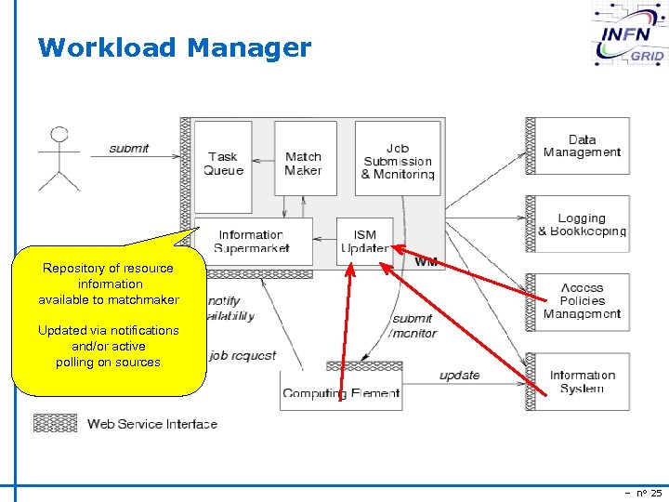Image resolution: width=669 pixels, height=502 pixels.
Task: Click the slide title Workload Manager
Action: [174, 47]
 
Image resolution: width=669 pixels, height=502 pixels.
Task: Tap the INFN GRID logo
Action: [629, 36]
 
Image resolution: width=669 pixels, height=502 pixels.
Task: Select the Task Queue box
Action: [223, 163]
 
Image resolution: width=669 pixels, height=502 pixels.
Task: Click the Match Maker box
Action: [304, 163]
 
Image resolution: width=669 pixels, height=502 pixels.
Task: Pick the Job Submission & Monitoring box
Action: [397, 160]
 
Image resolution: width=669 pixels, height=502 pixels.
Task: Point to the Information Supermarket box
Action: [252, 242]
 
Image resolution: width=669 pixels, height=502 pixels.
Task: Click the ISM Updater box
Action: [364, 242]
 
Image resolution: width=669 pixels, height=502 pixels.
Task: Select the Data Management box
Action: [583, 146]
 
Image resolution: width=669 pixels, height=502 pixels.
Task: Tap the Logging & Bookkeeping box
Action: [583, 224]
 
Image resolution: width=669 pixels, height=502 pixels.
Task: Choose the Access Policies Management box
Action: [583, 301]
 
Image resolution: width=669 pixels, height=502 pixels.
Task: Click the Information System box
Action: [583, 381]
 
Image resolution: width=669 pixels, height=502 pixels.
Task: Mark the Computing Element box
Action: [341, 391]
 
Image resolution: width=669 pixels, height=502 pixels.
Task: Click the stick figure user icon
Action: [58, 158]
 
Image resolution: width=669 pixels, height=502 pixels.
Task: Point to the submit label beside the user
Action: [129, 149]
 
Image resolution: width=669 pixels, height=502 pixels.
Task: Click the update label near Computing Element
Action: [459, 376]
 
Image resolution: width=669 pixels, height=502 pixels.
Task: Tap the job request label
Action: [243, 355]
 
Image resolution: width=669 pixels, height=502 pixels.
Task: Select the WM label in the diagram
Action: [426, 262]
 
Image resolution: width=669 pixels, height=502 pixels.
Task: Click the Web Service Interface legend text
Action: [152, 424]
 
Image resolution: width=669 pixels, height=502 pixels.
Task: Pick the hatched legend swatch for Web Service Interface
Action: [56, 423]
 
